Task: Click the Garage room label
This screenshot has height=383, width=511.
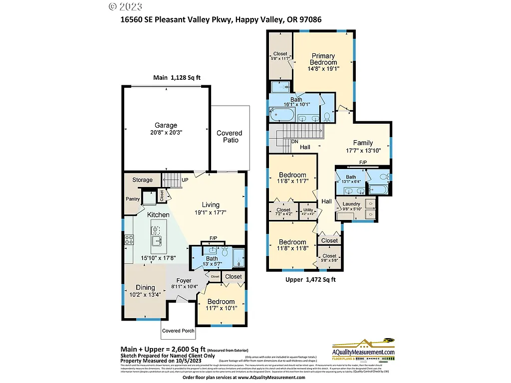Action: [x=165, y=125]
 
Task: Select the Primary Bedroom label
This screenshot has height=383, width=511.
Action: [x=323, y=59]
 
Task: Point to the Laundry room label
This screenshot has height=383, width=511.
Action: [x=351, y=204]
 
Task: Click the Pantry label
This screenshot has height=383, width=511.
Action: [x=133, y=199]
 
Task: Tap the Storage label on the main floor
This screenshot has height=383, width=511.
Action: [x=142, y=180]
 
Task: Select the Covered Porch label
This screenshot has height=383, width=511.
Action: [x=178, y=331]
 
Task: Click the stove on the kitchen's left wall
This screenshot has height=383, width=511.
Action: [x=129, y=239]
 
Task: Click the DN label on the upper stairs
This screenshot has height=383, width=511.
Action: [x=295, y=141]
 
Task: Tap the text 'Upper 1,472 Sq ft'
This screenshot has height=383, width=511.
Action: [x=310, y=280]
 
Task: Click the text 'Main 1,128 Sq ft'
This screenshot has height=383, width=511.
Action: [x=180, y=78]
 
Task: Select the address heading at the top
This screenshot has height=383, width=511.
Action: [x=221, y=20]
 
